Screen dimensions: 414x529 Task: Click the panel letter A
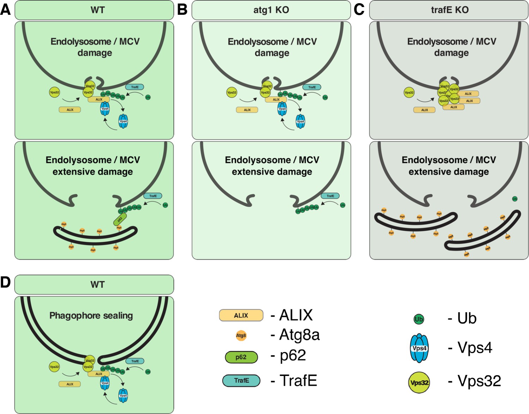click(x=5, y=10)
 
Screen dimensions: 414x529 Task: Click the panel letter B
click(x=182, y=10)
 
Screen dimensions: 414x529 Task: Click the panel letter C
click(x=359, y=10)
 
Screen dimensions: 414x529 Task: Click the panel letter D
click(x=5, y=283)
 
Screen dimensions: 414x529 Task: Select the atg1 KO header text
click(x=271, y=10)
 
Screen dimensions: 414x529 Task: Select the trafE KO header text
click(x=450, y=10)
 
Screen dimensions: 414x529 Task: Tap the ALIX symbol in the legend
click(x=241, y=315)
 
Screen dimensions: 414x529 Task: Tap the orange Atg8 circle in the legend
click(x=241, y=335)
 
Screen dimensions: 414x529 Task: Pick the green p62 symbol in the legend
click(x=241, y=357)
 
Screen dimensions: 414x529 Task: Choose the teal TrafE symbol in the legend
click(x=241, y=381)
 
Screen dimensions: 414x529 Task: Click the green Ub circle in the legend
click(x=419, y=319)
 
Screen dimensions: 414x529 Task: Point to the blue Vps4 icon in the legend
click(x=419, y=348)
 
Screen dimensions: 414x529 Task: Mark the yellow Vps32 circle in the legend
click(x=419, y=383)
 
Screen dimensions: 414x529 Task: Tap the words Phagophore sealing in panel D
click(x=91, y=315)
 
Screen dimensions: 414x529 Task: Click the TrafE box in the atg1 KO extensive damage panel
click(x=330, y=196)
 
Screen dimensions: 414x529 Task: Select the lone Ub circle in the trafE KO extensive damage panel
click(x=515, y=199)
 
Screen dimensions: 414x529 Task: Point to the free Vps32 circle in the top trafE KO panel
click(x=409, y=93)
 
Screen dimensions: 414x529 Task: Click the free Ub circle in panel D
click(x=148, y=372)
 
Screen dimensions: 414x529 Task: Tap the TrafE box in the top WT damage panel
click(x=135, y=87)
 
